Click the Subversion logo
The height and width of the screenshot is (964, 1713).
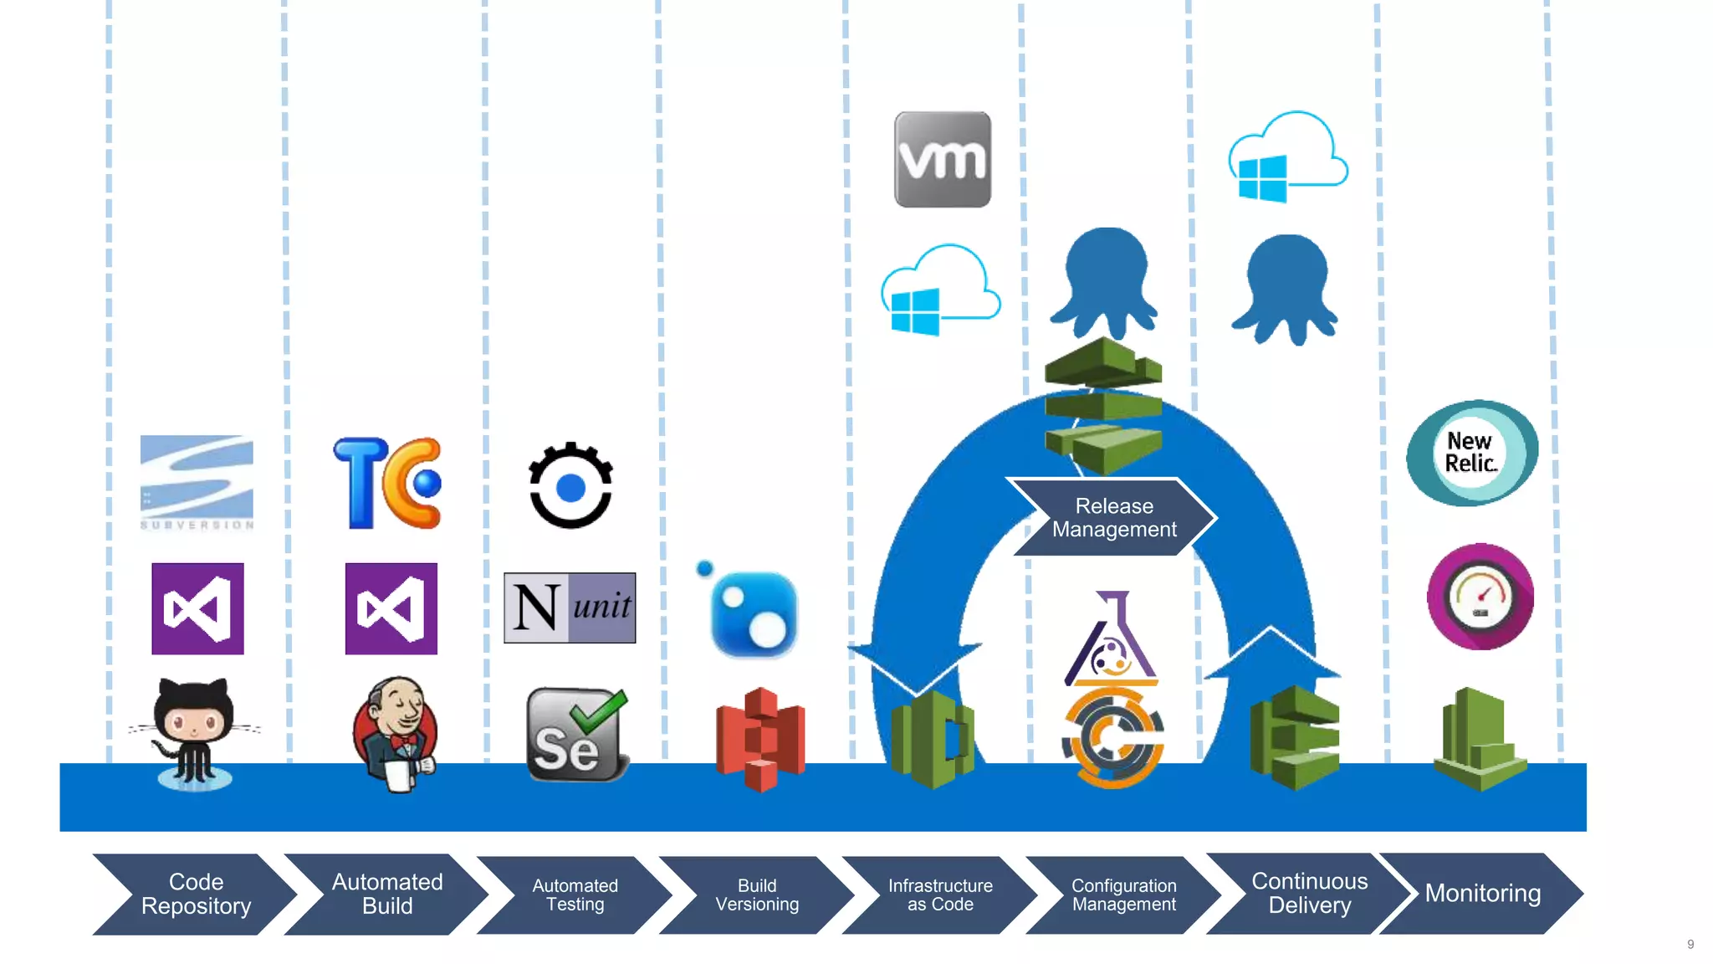click(x=197, y=482)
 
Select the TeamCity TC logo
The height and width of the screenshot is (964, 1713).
click(x=388, y=483)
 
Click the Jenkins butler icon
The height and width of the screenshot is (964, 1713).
click(x=395, y=733)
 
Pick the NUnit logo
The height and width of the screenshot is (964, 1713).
click(x=570, y=608)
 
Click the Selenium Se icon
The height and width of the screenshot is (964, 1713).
click(x=576, y=735)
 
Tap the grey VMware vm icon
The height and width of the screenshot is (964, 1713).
click(x=943, y=159)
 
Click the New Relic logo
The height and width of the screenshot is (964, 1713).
click(x=1472, y=453)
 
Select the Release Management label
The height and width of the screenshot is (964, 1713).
click(x=1113, y=517)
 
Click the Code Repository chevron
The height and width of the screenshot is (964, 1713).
click(x=195, y=894)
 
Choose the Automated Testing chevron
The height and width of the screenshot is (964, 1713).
click(x=575, y=895)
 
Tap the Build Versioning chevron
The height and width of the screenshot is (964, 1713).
click(x=757, y=895)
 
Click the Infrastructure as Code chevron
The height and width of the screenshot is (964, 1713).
click(x=940, y=895)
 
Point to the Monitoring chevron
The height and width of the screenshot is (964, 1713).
click(x=1481, y=893)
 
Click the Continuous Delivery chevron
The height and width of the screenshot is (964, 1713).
click(x=1309, y=893)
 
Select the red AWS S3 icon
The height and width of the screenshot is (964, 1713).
click(x=760, y=739)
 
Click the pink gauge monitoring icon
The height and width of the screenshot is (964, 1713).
click(x=1480, y=597)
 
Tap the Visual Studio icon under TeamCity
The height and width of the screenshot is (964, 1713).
click(x=391, y=608)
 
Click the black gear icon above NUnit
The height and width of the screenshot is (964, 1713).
click(x=570, y=485)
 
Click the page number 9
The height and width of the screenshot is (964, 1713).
click(x=1690, y=944)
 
